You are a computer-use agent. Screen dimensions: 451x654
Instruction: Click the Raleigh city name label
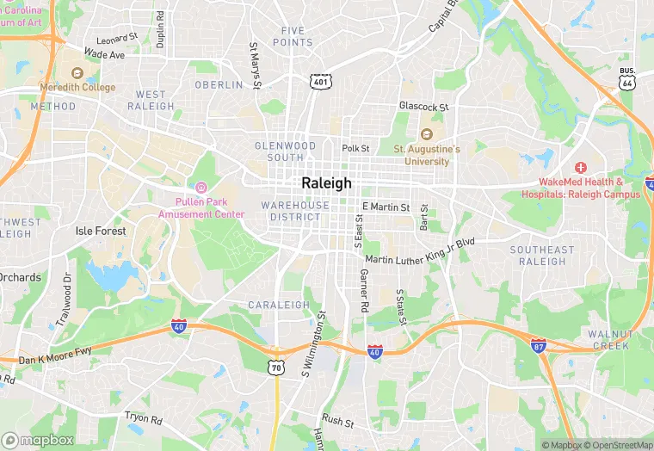[x=326, y=183]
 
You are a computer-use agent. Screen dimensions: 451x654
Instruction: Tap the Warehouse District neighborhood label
[x=295, y=211]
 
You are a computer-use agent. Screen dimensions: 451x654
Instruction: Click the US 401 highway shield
[x=320, y=81]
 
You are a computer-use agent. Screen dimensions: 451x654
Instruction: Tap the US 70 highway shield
[x=275, y=367]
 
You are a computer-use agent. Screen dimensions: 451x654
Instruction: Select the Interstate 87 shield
[x=538, y=346]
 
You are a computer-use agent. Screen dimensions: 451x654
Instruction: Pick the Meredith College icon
[x=77, y=74]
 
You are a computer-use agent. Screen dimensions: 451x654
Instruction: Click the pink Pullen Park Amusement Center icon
[x=202, y=188]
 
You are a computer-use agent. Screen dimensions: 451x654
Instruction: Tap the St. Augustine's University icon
[x=425, y=134]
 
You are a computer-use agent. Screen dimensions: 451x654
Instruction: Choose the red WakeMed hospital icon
[x=580, y=166]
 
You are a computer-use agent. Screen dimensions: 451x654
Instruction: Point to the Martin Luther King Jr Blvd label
[x=420, y=252]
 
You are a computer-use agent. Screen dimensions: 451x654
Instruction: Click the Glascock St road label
[x=423, y=107]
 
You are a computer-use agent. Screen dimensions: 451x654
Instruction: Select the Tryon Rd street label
[x=143, y=419]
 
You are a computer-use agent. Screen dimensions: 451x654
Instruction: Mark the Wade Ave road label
[x=104, y=54]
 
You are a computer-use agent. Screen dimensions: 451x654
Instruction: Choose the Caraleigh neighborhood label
[x=278, y=305]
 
